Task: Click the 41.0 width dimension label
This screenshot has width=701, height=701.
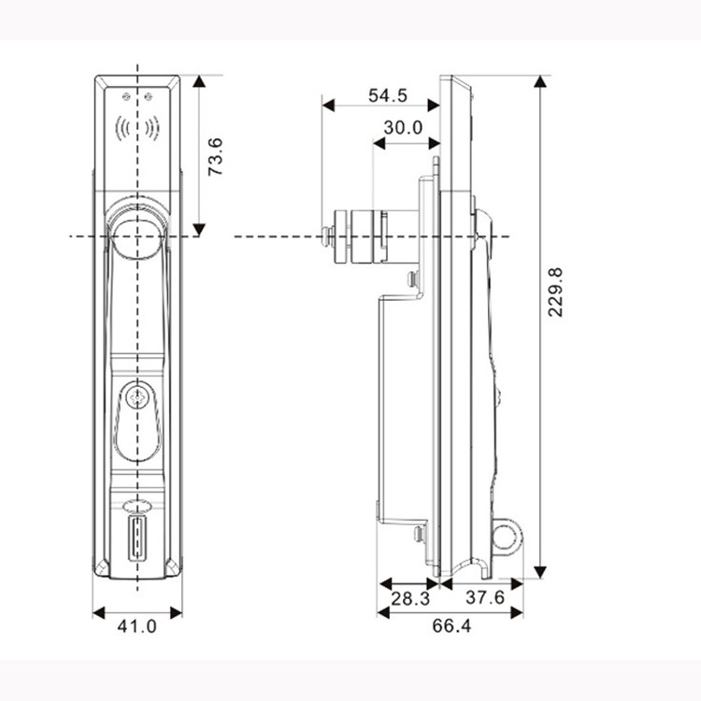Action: [136, 626]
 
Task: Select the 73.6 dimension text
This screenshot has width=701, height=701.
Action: [215, 156]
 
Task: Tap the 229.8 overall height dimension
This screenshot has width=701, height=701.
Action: [555, 293]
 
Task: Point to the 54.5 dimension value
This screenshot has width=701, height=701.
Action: [388, 95]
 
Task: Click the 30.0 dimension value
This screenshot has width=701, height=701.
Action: [403, 127]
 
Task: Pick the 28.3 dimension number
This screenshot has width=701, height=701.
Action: [410, 598]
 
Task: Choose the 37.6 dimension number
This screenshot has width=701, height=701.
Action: [484, 597]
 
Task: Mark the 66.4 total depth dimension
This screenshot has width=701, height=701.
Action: [451, 626]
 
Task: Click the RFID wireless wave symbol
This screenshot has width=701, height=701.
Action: [137, 129]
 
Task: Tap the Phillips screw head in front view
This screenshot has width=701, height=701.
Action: [136, 397]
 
